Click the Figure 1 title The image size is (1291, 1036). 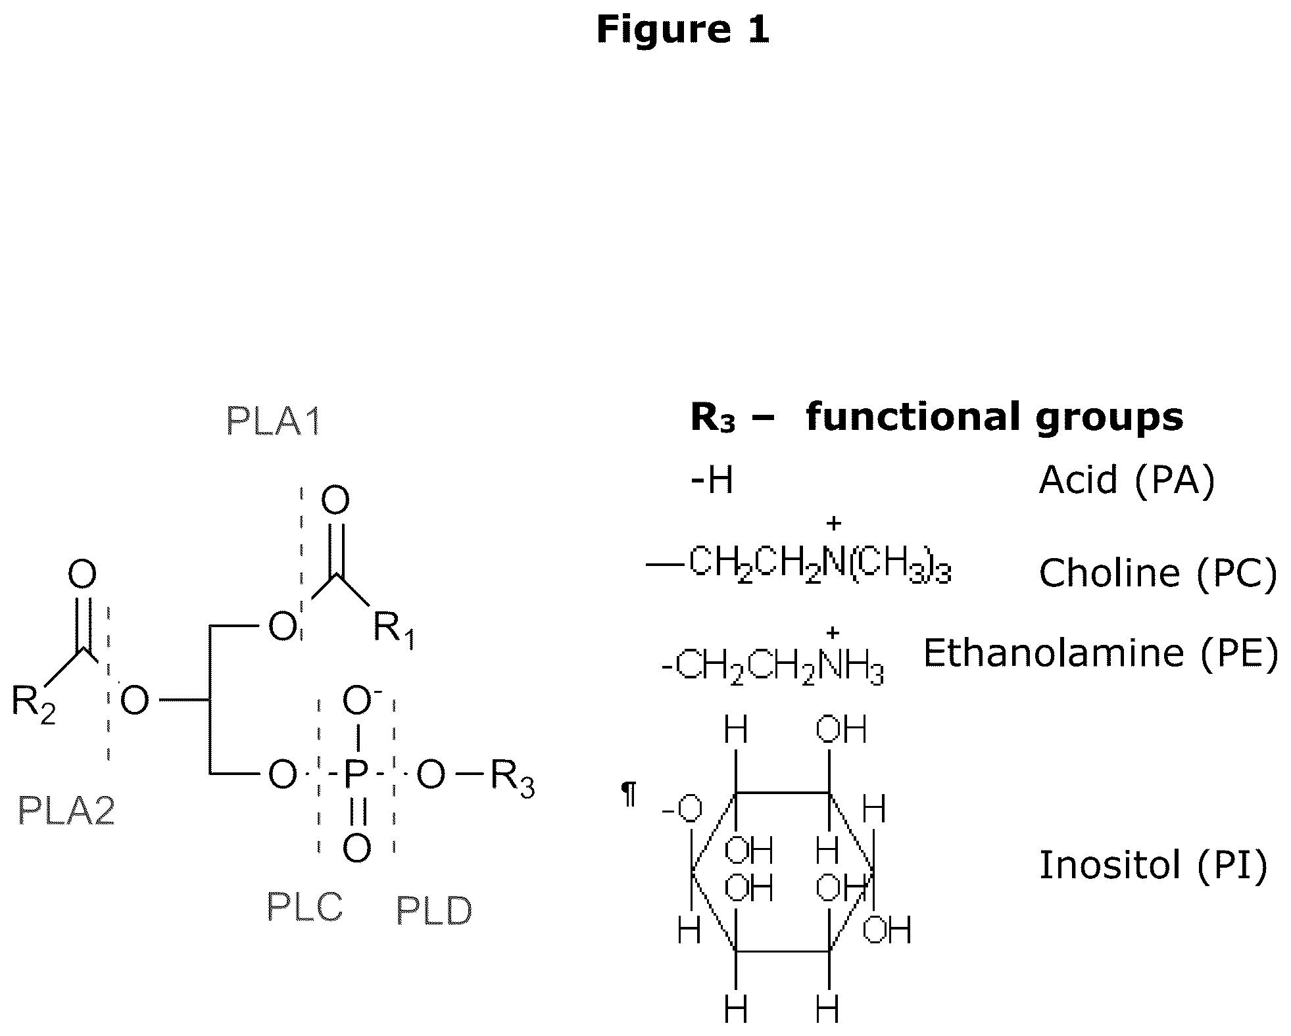tap(682, 30)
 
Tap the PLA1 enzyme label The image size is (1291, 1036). tap(274, 421)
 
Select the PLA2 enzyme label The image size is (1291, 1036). tap(66, 810)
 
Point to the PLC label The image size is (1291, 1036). tap(305, 907)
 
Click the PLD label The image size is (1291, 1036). tap(434, 910)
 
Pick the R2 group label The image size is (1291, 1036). tap(34, 704)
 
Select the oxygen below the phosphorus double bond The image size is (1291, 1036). tap(356, 848)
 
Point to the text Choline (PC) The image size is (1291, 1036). tap(1158, 573)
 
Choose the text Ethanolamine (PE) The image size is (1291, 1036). tap(1101, 653)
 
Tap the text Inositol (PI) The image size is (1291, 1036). tap(1153, 865)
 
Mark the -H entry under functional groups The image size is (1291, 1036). tap(712, 480)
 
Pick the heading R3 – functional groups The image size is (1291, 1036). tap(937, 417)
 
